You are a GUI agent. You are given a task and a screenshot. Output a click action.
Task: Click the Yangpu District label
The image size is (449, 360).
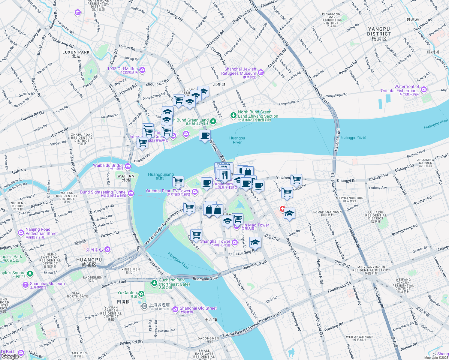coord(379,34)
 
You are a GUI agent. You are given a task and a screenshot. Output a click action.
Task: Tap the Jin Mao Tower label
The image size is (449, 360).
coord(255,225)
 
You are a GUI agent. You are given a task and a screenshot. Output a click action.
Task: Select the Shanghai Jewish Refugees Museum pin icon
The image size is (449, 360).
coord(261,72)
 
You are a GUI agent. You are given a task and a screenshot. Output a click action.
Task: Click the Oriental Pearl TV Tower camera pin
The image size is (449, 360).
coord(195,192)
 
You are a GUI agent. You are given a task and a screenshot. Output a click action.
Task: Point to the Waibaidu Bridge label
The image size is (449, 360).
coord(108,165)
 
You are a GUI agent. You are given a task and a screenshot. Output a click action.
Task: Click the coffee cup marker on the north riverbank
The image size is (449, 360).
coord(205,135)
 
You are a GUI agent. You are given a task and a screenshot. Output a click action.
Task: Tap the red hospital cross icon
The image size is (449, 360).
coord(282,209)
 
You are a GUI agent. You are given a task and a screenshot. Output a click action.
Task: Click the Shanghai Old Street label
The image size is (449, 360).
coord(198,308)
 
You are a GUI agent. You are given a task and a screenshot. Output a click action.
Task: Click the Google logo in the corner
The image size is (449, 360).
coord(10,356)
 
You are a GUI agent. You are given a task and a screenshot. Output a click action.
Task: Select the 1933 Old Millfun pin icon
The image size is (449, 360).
coord(142,70)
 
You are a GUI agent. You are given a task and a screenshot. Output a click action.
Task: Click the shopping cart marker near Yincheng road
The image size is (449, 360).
coord(296,179)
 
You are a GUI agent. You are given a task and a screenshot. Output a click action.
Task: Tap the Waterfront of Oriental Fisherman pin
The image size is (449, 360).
coord(423,89)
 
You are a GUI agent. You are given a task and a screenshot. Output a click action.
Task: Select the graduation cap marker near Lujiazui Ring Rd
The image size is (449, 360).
coord(255,242)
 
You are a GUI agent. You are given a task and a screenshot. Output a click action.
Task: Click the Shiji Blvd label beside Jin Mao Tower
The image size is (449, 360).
coord(272,238)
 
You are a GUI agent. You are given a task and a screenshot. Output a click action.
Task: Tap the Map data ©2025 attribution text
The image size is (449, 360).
coord(436,358)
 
